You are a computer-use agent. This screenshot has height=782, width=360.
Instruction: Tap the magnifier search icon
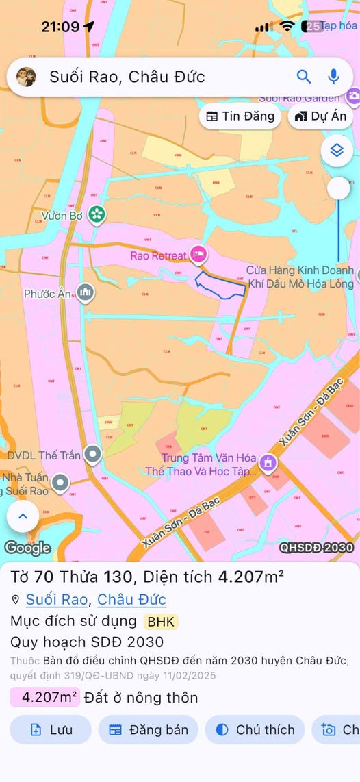[304, 77]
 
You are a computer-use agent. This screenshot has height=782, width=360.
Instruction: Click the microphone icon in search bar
[333, 77]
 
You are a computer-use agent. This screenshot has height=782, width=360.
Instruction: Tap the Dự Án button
[320, 116]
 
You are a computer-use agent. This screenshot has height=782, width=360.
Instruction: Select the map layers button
[337, 150]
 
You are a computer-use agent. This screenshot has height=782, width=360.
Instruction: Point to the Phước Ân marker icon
[85, 293]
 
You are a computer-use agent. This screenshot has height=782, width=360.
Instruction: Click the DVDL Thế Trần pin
[92, 455]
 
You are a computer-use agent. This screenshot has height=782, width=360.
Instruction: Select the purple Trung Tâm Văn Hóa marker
[268, 462]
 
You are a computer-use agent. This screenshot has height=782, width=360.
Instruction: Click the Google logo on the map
[27, 547]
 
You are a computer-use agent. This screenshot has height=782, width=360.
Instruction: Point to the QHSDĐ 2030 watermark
[316, 548]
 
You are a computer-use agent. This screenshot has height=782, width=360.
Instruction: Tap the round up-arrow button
[23, 517]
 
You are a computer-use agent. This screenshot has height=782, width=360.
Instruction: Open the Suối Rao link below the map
[57, 600]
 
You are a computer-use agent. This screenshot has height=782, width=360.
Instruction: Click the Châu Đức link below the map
[131, 600]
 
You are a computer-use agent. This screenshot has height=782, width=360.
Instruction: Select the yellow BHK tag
[160, 622]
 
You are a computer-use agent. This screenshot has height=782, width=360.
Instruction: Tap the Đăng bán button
[149, 730]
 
